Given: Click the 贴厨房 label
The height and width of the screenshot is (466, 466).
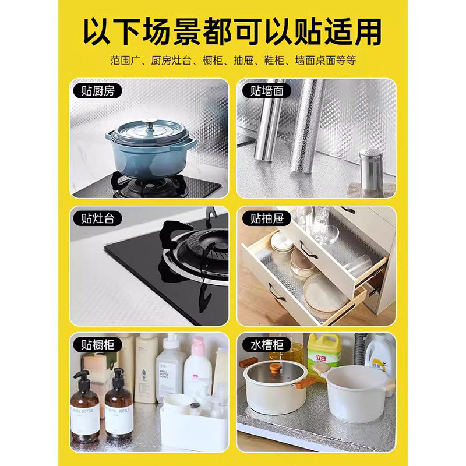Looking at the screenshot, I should (x=94, y=91).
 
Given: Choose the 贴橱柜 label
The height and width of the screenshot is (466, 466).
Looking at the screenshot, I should (x=94, y=345).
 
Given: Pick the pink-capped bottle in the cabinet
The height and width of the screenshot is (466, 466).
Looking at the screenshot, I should (x=197, y=367).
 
